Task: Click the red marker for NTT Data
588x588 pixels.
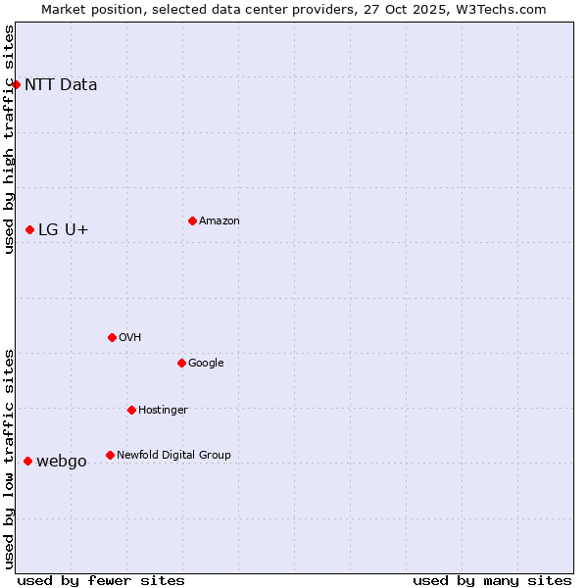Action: point(16,84)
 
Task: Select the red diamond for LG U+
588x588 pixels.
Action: point(30,229)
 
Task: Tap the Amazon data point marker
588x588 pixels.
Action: point(192,220)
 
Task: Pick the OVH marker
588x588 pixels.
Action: point(112,337)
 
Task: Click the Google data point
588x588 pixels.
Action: point(181,363)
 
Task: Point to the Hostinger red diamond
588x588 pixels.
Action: point(131,410)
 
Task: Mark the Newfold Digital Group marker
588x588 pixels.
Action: point(110,455)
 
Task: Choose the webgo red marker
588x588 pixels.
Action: point(27,461)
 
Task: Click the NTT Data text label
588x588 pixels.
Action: point(61,84)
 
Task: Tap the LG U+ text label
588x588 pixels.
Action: point(64,229)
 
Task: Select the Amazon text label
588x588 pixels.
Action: point(220,220)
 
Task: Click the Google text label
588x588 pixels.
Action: point(206,363)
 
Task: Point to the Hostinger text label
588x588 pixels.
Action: point(163,410)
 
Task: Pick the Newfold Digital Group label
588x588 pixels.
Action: point(173,455)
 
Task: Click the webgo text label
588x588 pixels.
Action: point(62,461)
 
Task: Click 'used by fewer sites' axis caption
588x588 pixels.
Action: point(101,580)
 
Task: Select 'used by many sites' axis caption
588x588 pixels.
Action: point(492,580)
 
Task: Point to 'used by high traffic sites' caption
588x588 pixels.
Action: point(9,139)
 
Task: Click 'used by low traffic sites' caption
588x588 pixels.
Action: point(9,459)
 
